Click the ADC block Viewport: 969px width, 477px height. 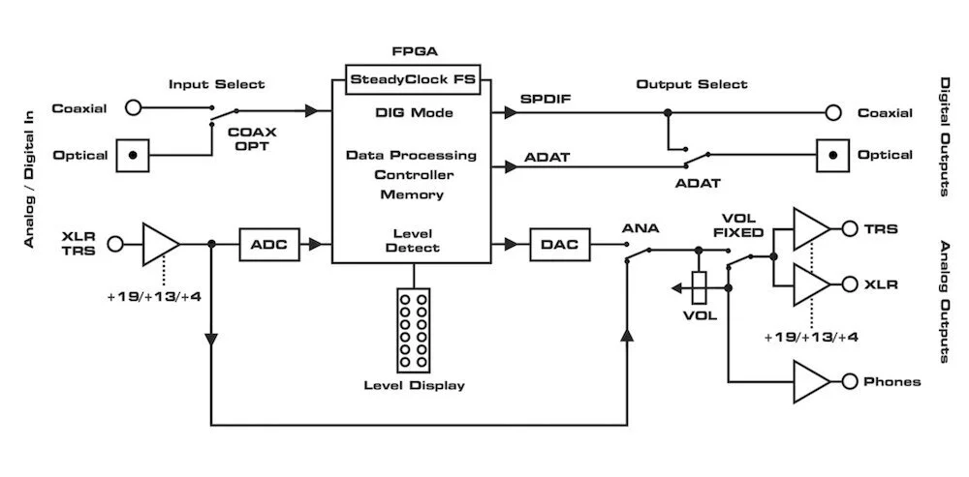(270, 244)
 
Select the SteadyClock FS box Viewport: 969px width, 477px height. (413, 79)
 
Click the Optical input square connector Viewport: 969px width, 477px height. (134, 155)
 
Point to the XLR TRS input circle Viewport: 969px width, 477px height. (116, 244)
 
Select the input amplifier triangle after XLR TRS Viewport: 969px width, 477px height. (160, 244)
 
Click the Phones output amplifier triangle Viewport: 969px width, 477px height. (811, 381)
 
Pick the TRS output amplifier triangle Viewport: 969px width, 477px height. (811, 228)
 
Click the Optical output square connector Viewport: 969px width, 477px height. (832, 155)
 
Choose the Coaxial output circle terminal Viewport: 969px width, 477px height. (832, 113)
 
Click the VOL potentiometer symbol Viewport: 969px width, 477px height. (701, 285)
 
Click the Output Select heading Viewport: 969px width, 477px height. (691, 84)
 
